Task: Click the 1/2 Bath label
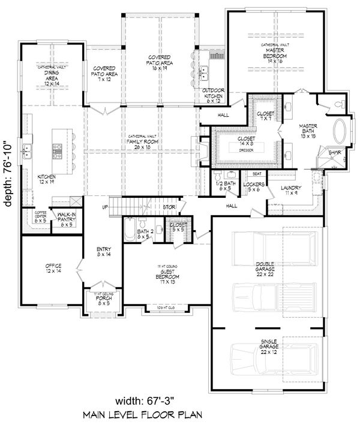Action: pos(225,186)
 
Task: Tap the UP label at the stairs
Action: pos(106,207)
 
